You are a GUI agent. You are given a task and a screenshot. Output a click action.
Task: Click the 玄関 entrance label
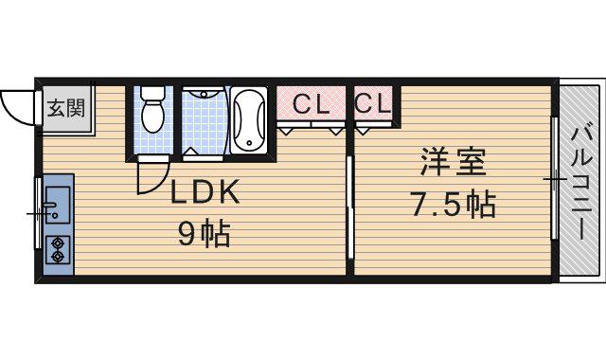[x=66, y=108]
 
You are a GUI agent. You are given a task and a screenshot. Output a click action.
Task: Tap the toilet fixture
[x=152, y=110]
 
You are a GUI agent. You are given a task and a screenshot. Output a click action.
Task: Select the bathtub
[x=249, y=120]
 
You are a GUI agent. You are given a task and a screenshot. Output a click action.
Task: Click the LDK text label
[x=205, y=192]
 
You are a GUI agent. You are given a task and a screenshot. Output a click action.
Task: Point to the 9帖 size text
[x=205, y=234]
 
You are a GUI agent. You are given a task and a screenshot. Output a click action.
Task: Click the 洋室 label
[x=453, y=162]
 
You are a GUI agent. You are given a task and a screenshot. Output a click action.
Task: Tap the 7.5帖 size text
[x=453, y=205]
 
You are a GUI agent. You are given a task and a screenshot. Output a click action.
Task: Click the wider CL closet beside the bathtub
[x=311, y=103]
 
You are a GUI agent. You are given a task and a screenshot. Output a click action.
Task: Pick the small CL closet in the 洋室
[x=373, y=103]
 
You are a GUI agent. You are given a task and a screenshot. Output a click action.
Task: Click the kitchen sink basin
[x=58, y=205]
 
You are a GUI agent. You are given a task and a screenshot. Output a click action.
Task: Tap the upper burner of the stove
[x=58, y=243]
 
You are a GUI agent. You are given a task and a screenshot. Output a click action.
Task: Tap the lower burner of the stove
[x=58, y=257]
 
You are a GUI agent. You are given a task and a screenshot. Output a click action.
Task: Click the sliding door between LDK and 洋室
[x=349, y=207]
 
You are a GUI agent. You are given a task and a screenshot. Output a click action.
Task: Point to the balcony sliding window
[x=554, y=178]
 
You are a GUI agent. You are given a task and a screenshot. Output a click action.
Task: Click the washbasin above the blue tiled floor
[x=204, y=93]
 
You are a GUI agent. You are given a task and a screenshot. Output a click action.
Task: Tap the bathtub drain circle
[x=249, y=143]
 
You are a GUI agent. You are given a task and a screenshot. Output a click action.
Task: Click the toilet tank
[x=152, y=93]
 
